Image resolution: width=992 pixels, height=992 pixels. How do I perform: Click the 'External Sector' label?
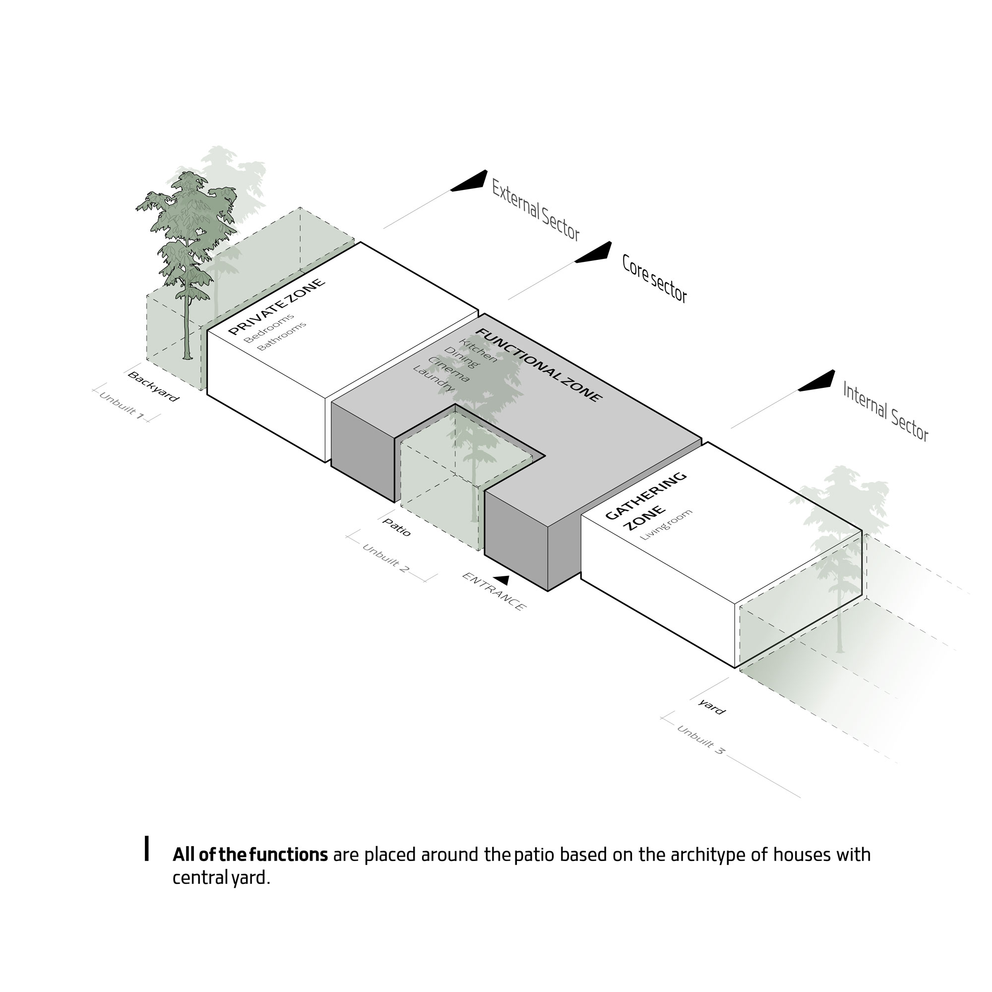536,209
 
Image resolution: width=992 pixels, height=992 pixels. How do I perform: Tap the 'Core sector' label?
654,278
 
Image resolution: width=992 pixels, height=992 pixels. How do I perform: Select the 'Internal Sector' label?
886,411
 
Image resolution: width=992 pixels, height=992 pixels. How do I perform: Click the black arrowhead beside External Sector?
469,181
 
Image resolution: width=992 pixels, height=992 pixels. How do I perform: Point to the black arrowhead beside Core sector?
594,252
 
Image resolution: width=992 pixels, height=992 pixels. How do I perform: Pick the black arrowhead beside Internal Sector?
816,381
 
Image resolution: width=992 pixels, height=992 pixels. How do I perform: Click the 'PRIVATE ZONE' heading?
276,307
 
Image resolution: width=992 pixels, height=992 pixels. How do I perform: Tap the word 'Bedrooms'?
269,329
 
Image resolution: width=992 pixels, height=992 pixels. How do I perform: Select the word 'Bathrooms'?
281,336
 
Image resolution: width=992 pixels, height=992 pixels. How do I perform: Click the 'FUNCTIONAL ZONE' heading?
538,365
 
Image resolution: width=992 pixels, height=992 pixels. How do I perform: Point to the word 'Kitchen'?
478,350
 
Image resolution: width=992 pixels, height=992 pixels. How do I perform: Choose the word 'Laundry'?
434,378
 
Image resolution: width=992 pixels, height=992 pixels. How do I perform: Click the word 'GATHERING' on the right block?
645,496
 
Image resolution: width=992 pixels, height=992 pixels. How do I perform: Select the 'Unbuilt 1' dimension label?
122,406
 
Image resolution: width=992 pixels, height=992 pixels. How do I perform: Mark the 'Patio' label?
397,527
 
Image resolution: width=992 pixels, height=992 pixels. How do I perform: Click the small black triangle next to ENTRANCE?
501,580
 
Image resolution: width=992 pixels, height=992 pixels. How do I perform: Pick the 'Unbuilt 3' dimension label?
701,740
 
